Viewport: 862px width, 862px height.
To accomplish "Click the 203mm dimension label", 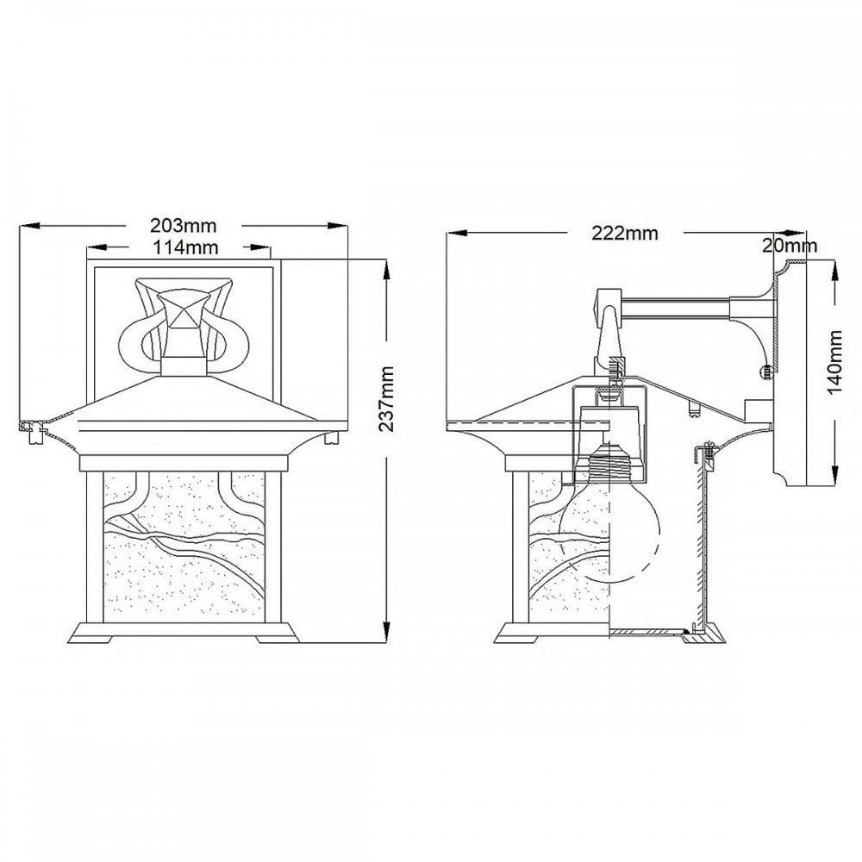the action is [x=184, y=226].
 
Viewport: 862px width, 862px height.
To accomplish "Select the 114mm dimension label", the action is [x=185, y=248].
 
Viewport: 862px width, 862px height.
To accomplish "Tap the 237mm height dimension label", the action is [x=387, y=399].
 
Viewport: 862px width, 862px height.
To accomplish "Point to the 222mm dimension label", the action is [x=624, y=233].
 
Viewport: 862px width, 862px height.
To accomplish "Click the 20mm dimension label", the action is [x=790, y=245].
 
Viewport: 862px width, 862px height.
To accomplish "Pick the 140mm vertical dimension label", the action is [x=834, y=363].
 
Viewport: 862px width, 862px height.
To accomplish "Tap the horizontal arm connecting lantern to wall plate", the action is [x=675, y=308].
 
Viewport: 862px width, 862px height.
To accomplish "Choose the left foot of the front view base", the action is [x=90, y=640].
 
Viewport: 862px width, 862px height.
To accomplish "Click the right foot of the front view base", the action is [x=278, y=640].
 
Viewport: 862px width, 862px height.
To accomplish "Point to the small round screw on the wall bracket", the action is [x=764, y=372].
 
